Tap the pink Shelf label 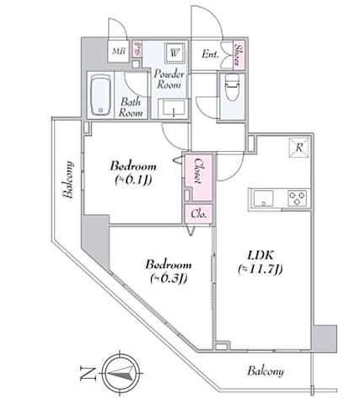(137, 51)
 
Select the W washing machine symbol (175, 51)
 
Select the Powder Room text (170, 78)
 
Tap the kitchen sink (261, 199)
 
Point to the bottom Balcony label (265, 371)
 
